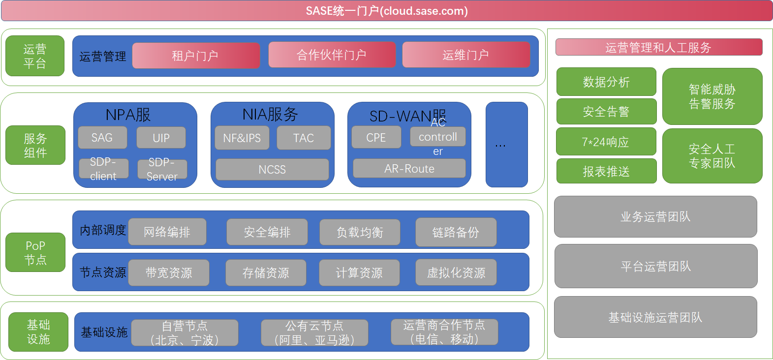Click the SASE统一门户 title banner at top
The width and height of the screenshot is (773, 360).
pos(387,11)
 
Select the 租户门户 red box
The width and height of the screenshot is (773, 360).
pos(196,56)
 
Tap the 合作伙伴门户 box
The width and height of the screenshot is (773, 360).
pos(332,55)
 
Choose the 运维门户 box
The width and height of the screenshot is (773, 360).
pos(465,55)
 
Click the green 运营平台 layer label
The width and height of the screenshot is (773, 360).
pos(35,56)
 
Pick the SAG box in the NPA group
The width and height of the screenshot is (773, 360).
pos(102,138)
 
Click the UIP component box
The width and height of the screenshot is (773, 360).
pos(161,138)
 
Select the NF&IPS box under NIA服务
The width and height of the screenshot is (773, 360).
pos(242,138)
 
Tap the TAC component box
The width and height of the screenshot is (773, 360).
pos(303,138)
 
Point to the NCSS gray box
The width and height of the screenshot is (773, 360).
pos(272,169)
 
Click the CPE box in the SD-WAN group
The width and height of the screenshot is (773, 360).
pos(376,138)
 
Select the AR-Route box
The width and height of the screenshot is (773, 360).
pos(409,169)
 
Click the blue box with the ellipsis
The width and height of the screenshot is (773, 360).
pos(506,145)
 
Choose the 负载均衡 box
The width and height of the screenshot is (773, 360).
pos(360,232)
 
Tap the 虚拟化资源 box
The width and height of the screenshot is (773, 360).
pos(456,272)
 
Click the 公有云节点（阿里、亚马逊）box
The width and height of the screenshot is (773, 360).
pos(314,333)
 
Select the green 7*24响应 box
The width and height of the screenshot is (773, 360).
pos(606,142)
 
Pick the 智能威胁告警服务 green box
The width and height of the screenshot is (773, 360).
pos(712,96)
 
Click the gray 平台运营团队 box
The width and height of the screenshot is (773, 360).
pos(656,266)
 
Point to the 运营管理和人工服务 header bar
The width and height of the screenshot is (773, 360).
pos(658,47)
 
